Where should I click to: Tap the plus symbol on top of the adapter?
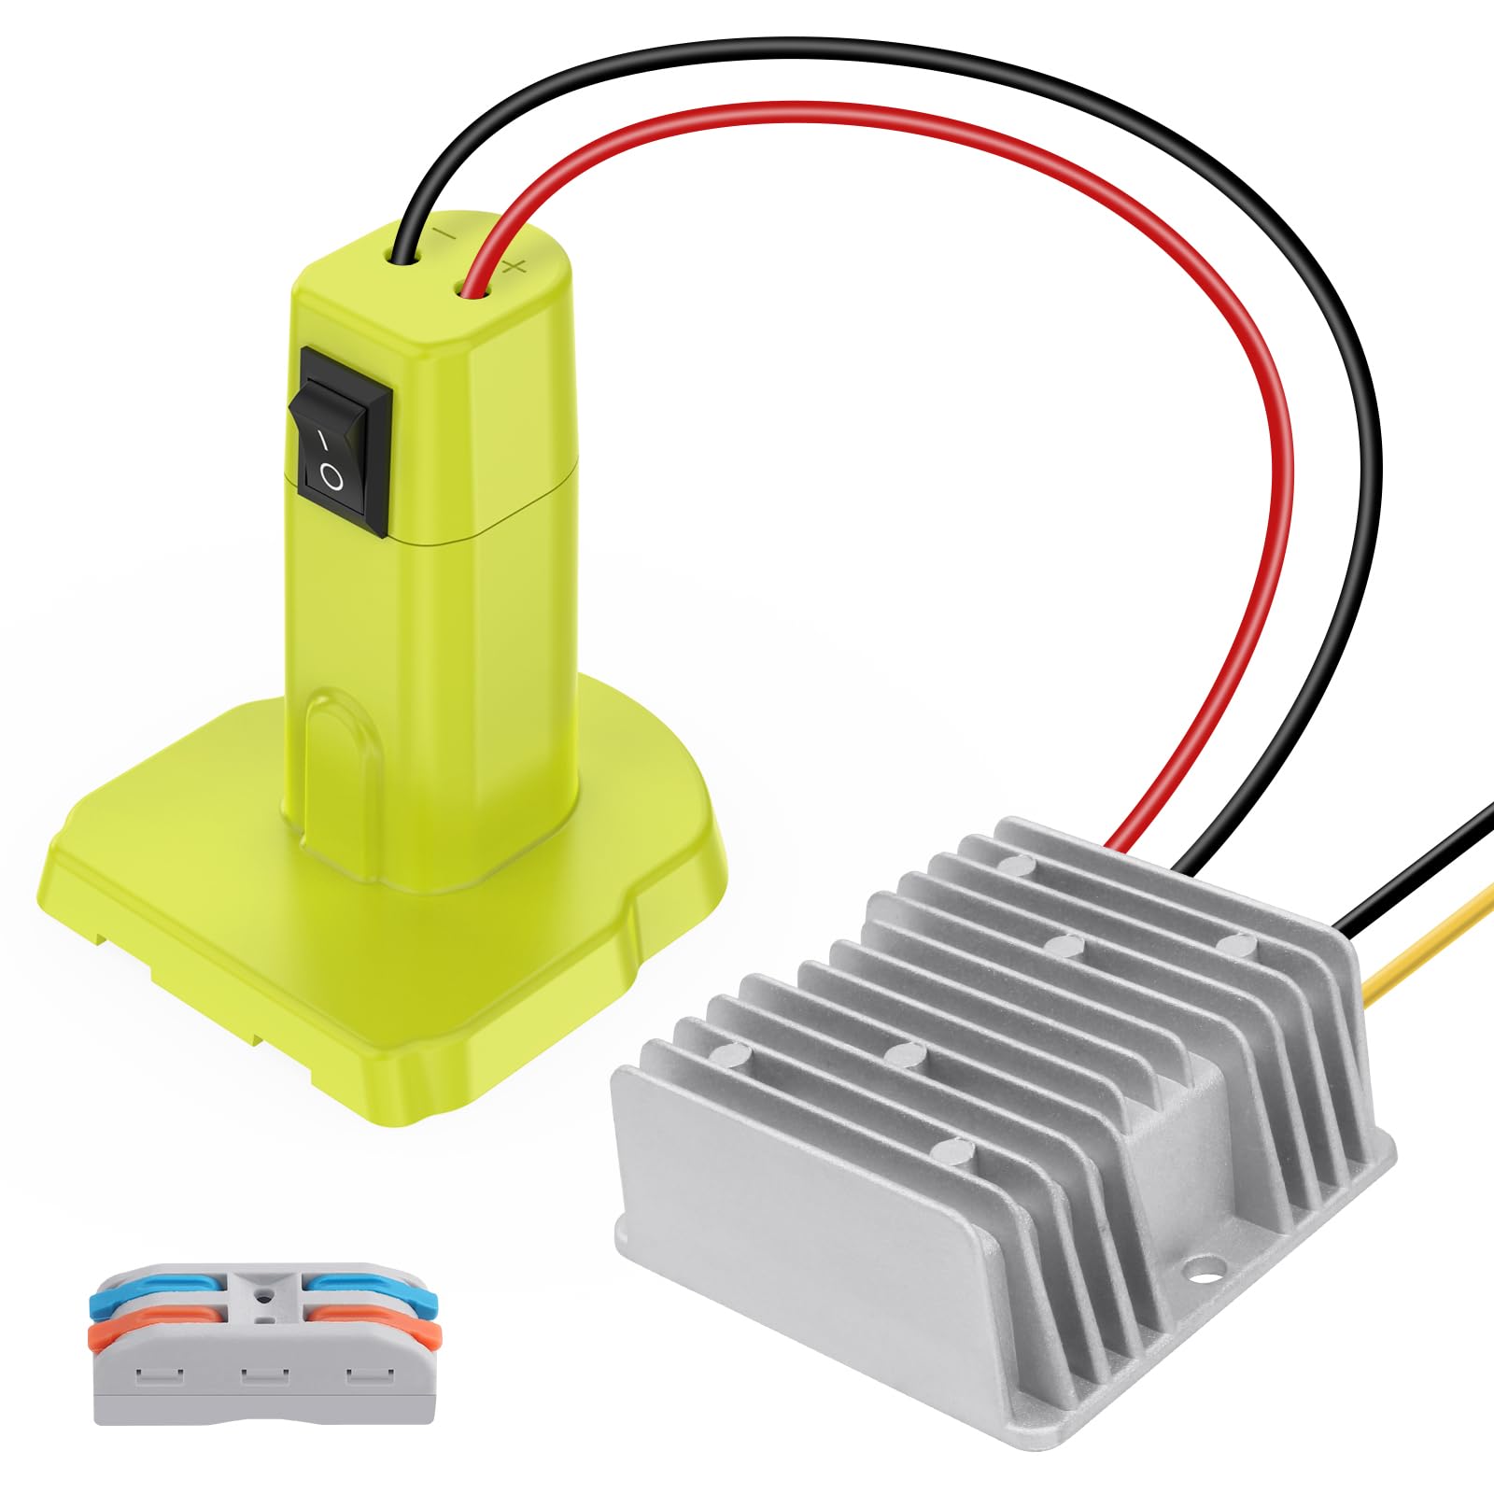[514, 268]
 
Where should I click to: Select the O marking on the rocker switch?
[331, 478]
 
